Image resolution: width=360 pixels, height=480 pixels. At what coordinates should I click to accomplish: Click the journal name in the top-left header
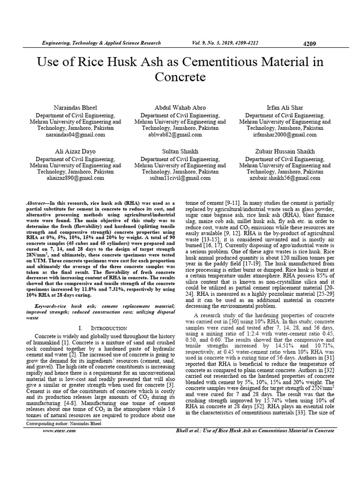(95, 43)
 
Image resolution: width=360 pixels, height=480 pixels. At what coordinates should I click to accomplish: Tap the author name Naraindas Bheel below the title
(75, 107)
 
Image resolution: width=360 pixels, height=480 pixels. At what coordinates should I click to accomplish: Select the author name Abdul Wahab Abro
(180, 107)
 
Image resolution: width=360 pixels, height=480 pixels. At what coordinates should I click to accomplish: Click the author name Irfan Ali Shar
(285, 107)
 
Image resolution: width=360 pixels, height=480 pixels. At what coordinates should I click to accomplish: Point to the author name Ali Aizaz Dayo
(75, 151)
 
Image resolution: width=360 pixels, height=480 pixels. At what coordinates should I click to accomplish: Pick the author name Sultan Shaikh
(180, 151)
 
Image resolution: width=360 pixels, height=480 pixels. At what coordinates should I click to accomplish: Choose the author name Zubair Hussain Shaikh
(285, 151)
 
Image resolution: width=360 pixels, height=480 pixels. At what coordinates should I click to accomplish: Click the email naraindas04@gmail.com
(75, 135)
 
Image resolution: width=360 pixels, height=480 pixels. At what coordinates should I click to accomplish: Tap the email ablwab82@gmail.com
(180, 135)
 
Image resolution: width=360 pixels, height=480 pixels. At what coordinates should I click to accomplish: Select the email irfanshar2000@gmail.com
(285, 135)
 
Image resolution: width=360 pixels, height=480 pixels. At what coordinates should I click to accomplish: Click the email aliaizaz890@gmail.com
(75, 178)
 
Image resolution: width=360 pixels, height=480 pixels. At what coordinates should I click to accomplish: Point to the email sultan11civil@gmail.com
(180, 178)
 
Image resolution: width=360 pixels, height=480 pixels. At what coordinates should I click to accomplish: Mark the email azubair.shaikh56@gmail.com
(285, 178)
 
